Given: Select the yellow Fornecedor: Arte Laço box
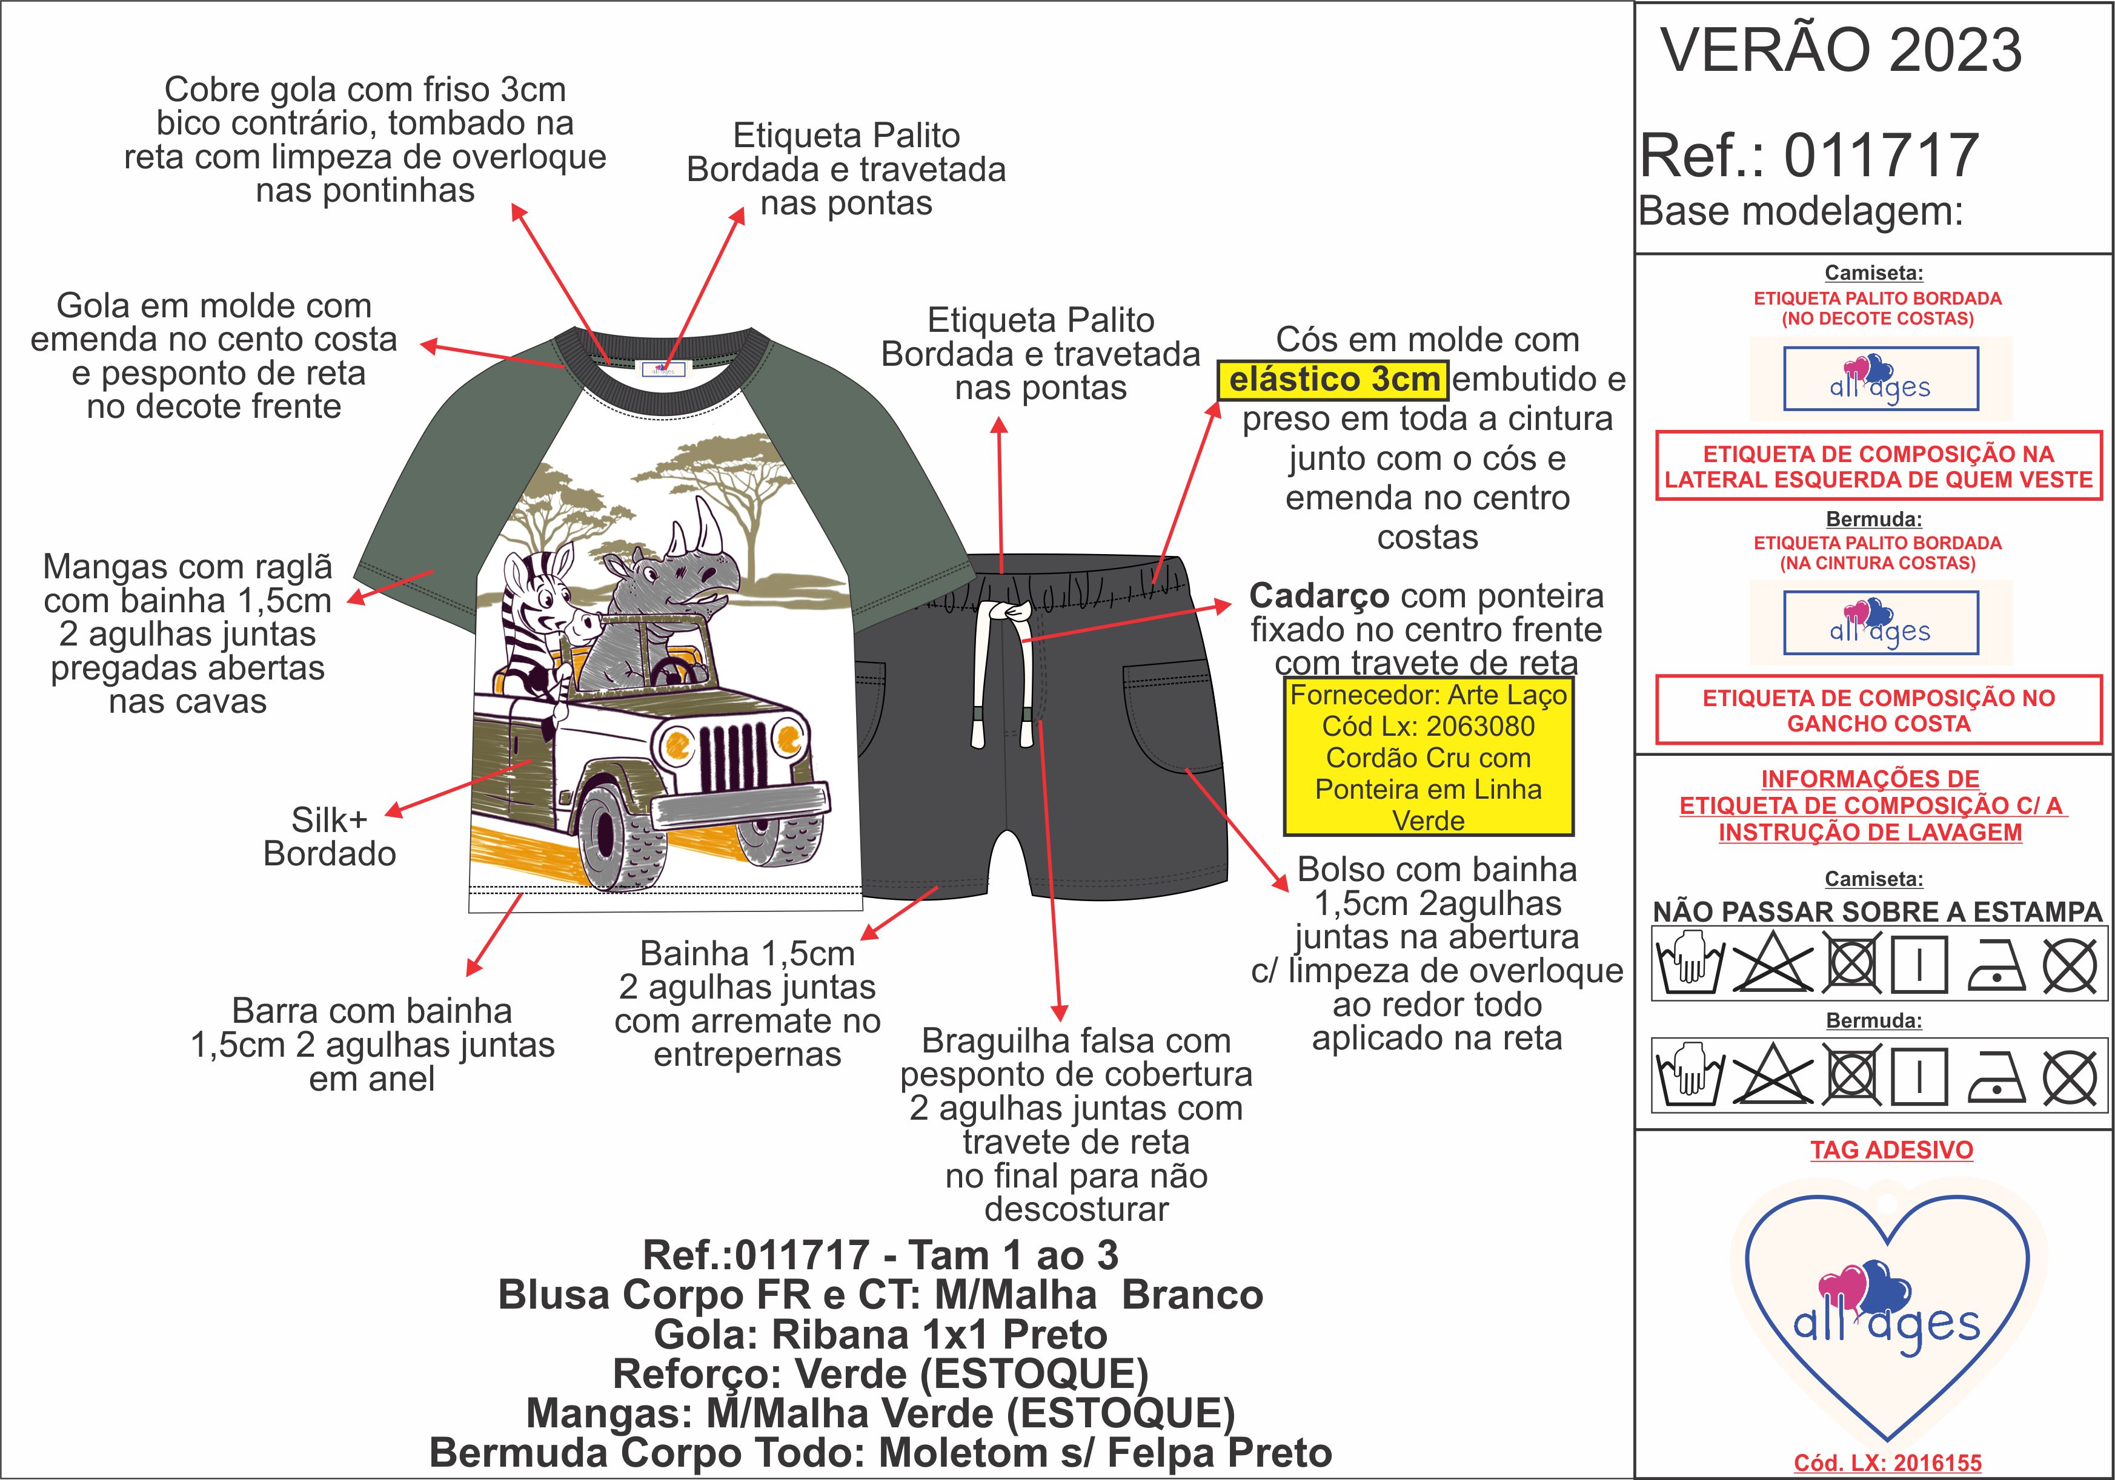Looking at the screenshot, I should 1428,757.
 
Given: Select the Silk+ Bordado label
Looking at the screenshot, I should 330,836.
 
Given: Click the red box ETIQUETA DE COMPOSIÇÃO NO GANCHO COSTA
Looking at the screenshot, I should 1878,710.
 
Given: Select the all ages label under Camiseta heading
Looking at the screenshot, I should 1880,378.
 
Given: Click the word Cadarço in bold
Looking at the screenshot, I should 1318,596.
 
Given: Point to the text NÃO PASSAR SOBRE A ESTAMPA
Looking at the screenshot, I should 1878,912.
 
